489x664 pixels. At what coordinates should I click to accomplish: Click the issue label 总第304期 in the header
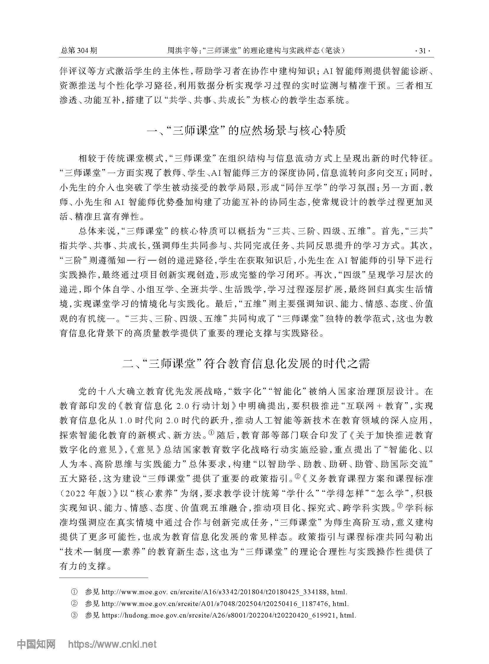[79, 51]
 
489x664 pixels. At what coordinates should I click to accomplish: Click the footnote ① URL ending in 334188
[224, 592]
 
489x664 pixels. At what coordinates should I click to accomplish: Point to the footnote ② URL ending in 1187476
[225, 604]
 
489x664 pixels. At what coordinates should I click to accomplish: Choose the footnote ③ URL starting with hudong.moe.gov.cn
[229, 615]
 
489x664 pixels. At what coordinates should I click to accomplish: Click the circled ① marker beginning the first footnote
[73, 592]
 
